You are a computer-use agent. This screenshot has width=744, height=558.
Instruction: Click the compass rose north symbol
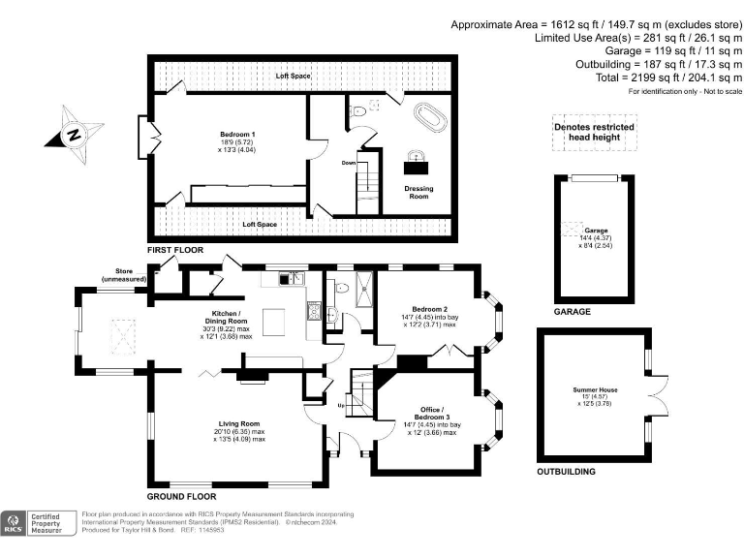[74, 136]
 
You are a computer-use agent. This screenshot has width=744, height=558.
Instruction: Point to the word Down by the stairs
[349, 163]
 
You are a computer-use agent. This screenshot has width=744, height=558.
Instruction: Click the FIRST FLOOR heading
[174, 250]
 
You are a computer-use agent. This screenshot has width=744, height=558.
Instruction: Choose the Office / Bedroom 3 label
[427, 418]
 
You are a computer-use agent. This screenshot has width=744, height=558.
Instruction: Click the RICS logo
[15, 523]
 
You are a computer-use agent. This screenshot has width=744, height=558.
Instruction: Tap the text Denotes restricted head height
[594, 132]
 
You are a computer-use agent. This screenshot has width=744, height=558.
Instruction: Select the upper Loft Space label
[292, 76]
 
